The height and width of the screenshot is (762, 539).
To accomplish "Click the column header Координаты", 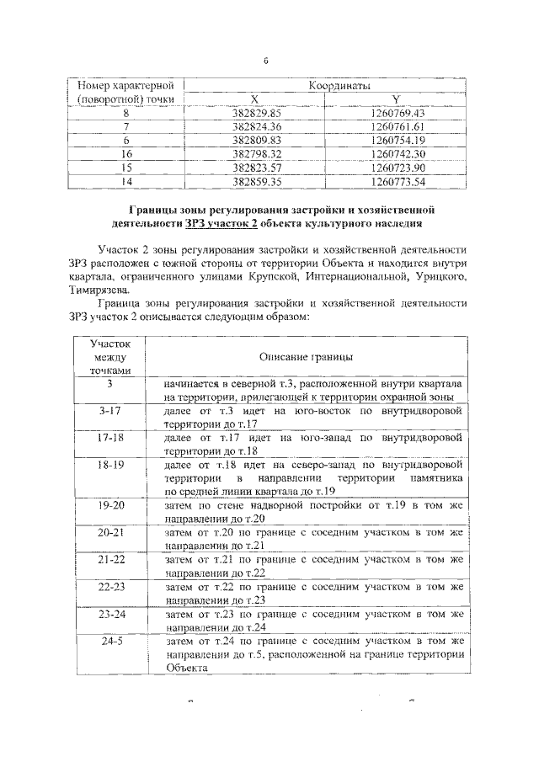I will click(329, 86).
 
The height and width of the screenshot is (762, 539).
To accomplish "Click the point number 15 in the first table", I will click(126, 167).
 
